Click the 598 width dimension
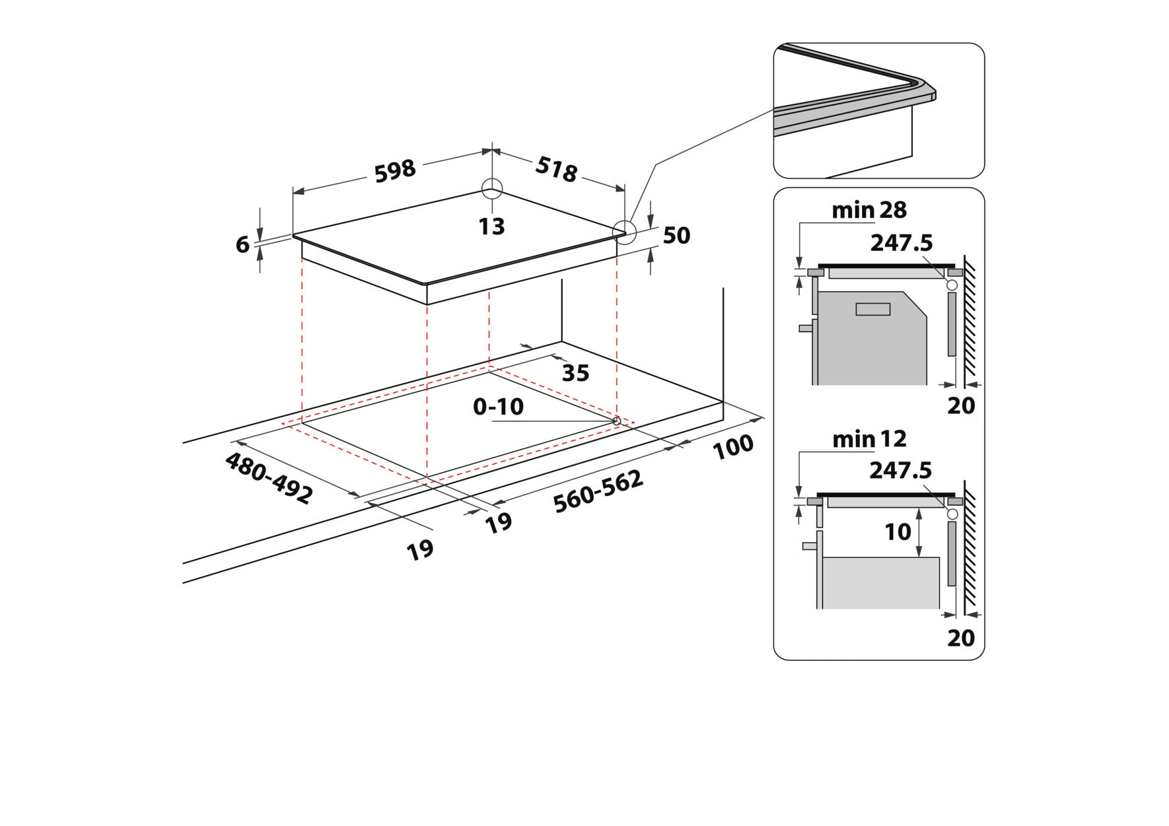[x=395, y=170]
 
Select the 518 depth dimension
[x=556, y=170]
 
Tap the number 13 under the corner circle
[x=492, y=226]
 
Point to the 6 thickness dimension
[x=242, y=244]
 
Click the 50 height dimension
[x=676, y=235]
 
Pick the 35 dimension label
[x=575, y=373]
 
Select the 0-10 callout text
[x=499, y=407]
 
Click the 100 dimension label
[x=733, y=446]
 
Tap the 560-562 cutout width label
[x=598, y=491]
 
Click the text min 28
[x=868, y=210]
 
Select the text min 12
[x=869, y=439]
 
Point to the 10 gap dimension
[x=898, y=532]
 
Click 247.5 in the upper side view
[x=901, y=243]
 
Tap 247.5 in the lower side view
[x=900, y=470]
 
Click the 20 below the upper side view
[x=961, y=405]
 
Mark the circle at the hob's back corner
[x=492, y=188]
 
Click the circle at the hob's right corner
[x=623, y=231]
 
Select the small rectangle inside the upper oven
[x=872, y=308]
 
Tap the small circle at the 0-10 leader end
[x=617, y=421]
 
